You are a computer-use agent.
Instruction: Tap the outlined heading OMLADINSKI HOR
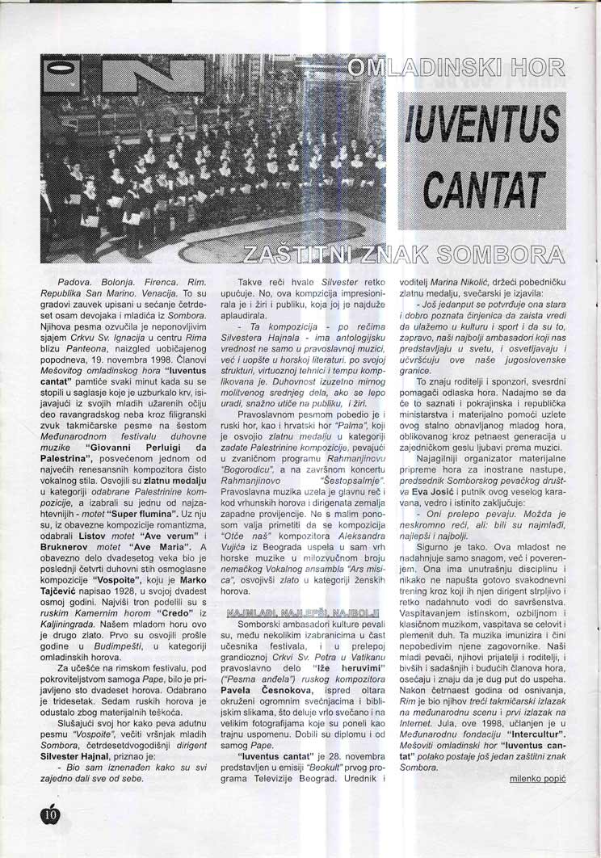click(454, 76)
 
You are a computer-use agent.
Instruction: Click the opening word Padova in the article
click(62, 280)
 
